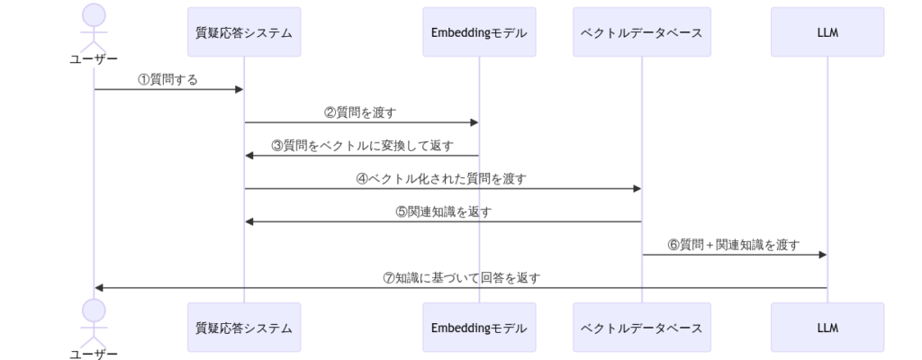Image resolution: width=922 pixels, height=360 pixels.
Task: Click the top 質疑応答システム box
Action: (x=244, y=32)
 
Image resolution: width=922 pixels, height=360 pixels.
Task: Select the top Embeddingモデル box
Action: (x=479, y=32)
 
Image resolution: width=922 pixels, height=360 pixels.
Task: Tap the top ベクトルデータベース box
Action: (x=642, y=32)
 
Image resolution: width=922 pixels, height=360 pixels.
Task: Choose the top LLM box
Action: (x=827, y=32)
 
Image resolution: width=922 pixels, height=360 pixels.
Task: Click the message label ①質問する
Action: (x=167, y=80)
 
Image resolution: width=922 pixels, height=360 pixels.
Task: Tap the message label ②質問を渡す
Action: (x=360, y=113)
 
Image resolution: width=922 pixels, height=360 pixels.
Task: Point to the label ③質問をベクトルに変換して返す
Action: (x=362, y=146)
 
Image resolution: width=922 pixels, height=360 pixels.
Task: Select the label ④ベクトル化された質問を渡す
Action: (x=442, y=179)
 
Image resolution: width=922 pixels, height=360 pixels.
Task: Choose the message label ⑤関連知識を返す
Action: (x=443, y=212)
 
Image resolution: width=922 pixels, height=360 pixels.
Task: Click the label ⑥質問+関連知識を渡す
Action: (x=733, y=245)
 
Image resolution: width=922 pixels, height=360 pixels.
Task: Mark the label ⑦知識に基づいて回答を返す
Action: (x=461, y=278)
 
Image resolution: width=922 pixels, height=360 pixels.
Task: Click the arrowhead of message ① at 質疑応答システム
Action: (x=240, y=90)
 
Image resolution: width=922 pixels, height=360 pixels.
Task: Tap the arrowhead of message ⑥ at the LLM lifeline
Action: (x=822, y=255)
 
